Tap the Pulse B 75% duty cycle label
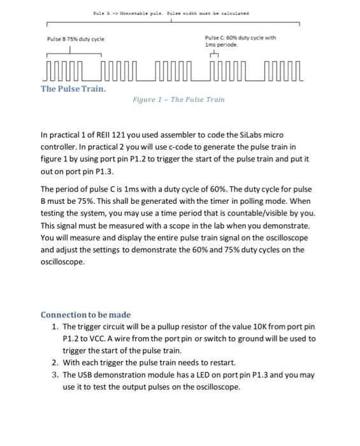pyautogui.click(x=76, y=39)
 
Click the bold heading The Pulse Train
pyautogui.click(x=73, y=89)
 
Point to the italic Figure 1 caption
pyautogui.click(x=178, y=99)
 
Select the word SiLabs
pyautogui.click(x=248, y=135)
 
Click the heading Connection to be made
pyautogui.click(x=85, y=315)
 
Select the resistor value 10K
pyautogui.click(x=246, y=327)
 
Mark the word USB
pyautogui.click(x=86, y=375)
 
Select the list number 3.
pyautogui.click(x=55, y=375)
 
